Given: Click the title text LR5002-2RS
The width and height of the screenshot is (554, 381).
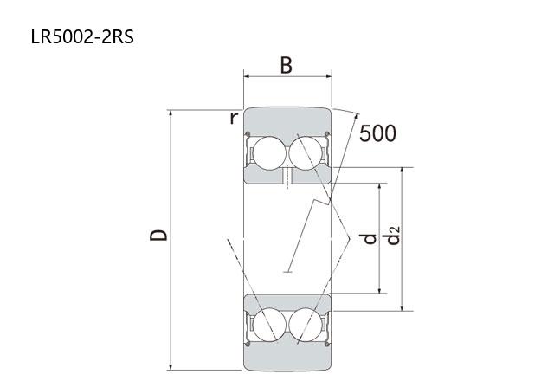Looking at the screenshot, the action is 82,36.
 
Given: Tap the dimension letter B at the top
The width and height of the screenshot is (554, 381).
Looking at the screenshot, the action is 287,66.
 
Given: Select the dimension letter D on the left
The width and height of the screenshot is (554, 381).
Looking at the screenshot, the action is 158,236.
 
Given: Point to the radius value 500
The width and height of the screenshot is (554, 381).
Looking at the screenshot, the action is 377,133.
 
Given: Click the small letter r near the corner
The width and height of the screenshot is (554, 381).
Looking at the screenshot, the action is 234,118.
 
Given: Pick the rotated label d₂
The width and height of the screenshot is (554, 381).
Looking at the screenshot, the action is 393,236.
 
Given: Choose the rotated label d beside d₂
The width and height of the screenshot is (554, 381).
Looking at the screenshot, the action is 370,239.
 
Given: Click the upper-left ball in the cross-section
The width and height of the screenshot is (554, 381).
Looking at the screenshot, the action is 269,153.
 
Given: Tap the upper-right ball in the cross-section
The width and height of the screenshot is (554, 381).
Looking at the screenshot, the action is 306,153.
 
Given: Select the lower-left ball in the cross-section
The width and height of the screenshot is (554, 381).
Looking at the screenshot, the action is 269,325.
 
